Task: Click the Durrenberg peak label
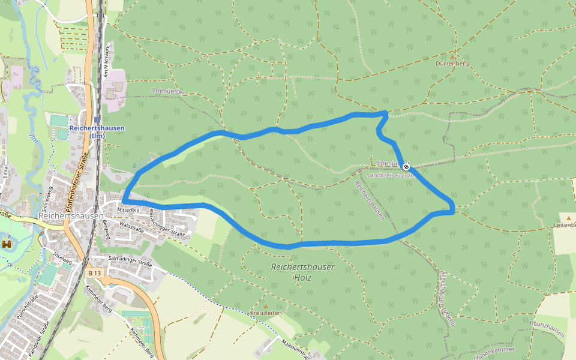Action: point(452,63)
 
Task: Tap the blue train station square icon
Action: point(97,119)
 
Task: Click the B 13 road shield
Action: point(94,273)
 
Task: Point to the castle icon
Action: point(7,244)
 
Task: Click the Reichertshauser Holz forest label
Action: point(302,272)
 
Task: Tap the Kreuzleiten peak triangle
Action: point(266,307)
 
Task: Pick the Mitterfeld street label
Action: point(128,210)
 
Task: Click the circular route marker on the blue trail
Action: point(406,166)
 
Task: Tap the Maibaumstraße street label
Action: point(295,348)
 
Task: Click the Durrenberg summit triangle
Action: point(452,56)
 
